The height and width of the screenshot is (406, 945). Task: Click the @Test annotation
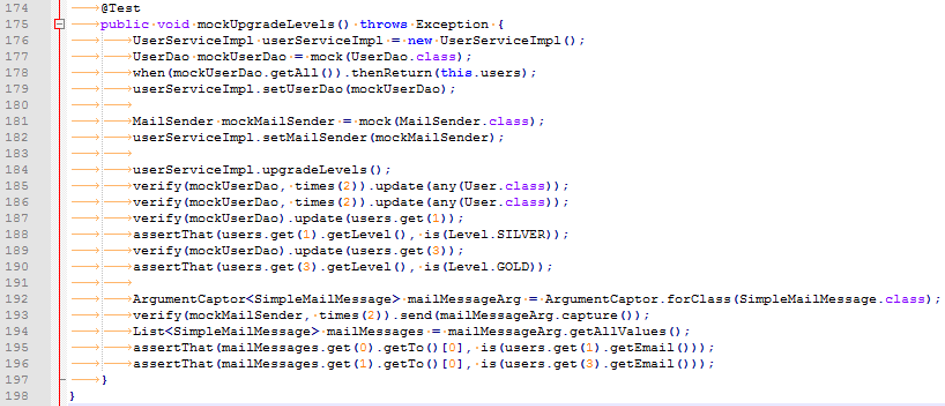(x=120, y=8)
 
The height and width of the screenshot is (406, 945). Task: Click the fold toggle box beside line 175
(x=60, y=24)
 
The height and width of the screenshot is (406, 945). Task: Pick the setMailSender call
(x=319, y=137)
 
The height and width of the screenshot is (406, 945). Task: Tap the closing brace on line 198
(x=72, y=397)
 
